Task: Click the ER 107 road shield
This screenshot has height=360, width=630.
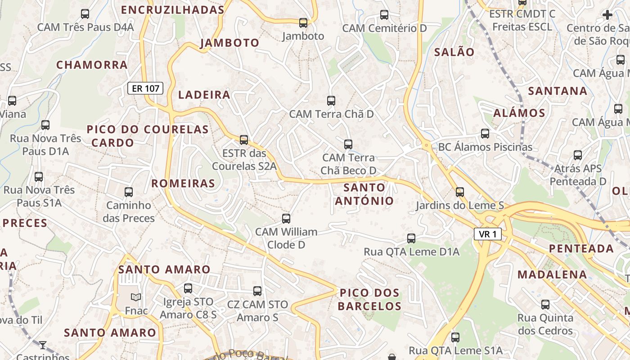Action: (145, 88)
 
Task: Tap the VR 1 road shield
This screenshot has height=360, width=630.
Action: (487, 234)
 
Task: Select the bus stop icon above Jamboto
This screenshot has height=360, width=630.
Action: (303, 22)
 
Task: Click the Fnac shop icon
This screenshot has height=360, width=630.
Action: (136, 297)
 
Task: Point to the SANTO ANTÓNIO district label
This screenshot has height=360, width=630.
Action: (364, 194)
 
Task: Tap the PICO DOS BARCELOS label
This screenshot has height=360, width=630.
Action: (369, 300)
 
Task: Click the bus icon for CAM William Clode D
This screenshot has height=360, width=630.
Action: (286, 219)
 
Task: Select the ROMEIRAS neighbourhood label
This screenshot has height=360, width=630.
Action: (183, 184)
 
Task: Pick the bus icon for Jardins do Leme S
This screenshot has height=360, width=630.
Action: (459, 192)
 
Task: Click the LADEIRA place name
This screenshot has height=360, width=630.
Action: (204, 95)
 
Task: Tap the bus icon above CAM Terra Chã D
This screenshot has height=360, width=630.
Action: (331, 101)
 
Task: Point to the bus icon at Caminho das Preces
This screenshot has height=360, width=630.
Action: (129, 192)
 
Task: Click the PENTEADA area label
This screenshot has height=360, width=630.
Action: (581, 248)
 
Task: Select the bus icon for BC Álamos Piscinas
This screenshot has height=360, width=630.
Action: (485, 134)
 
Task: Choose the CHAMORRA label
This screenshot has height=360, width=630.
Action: (92, 65)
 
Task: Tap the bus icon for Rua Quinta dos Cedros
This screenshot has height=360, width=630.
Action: (545, 305)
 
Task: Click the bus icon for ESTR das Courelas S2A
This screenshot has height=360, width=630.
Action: (244, 140)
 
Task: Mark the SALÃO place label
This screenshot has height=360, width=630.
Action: (454, 52)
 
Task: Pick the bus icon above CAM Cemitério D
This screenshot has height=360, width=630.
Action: (384, 15)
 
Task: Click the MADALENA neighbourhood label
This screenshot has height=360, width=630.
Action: (552, 274)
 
